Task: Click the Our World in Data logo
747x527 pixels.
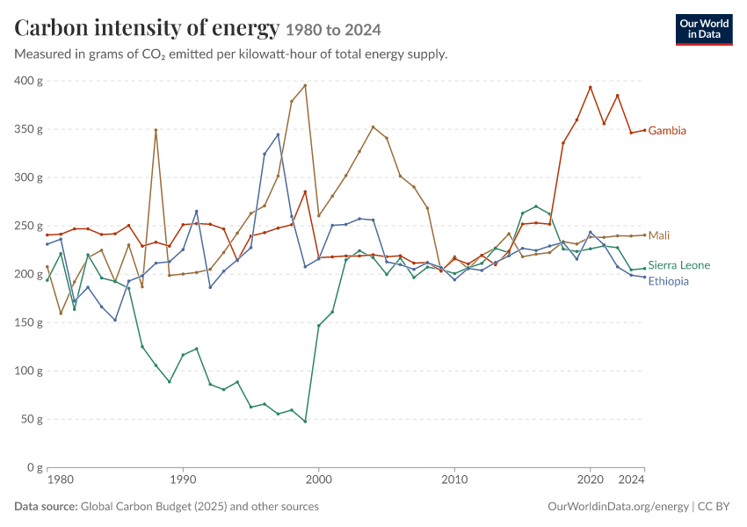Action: tap(704, 30)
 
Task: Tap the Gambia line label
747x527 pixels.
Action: tap(667, 131)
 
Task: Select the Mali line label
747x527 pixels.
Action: tap(659, 235)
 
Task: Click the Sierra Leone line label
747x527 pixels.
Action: tap(678, 265)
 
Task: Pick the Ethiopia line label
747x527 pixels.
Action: tap(669, 281)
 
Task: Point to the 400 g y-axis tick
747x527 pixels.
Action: tap(28, 81)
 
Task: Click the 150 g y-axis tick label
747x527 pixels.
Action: tap(28, 322)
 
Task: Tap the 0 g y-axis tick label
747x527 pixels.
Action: tap(35, 467)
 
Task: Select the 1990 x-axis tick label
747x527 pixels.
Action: tap(183, 480)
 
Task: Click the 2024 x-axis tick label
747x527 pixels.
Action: tap(631, 480)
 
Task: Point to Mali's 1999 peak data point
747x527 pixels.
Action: tap(305, 86)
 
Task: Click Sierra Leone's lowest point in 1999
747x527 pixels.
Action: tap(305, 422)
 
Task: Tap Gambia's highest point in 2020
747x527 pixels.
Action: tap(591, 88)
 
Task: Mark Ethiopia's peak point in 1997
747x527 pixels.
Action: tap(278, 134)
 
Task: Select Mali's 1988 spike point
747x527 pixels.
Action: tap(156, 130)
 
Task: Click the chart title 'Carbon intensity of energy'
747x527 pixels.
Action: tap(147, 28)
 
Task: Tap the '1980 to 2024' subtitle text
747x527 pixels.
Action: tap(333, 31)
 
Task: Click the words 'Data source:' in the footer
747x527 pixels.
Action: tap(46, 507)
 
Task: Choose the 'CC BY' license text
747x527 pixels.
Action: tap(714, 507)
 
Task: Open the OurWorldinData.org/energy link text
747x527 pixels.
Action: tap(618, 507)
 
